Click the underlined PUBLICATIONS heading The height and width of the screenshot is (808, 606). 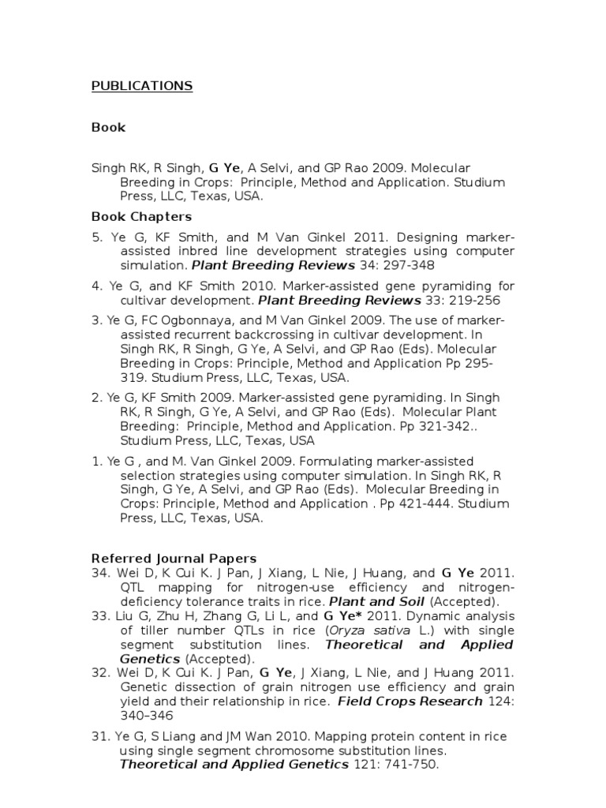click(x=142, y=86)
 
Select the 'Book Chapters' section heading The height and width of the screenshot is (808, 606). click(x=141, y=216)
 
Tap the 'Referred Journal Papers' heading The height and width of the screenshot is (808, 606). click(x=174, y=558)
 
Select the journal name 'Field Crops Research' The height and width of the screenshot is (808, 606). click(x=410, y=701)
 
